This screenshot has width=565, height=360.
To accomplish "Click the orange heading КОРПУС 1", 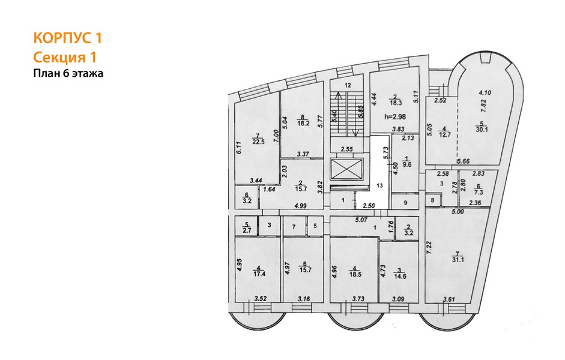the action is (x=68, y=38).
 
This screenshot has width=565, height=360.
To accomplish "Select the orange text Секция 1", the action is (x=65, y=58).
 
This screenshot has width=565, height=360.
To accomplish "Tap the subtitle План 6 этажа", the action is (x=68, y=73).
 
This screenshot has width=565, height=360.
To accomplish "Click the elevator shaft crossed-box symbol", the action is (x=346, y=169).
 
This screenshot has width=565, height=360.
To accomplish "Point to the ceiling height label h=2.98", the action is (x=395, y=116).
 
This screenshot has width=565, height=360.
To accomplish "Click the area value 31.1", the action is (x=458, y=259).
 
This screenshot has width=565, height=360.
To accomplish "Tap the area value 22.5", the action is (x=258, y=142).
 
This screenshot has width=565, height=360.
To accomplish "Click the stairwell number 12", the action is (x=348, y=85).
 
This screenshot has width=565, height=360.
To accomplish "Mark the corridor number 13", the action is (x=379, y=185).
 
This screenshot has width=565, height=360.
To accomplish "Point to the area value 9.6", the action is (x=407, y=164).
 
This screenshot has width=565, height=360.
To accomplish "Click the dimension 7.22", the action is (x=429, y=248).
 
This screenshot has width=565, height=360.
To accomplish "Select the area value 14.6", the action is (x=400, y=277).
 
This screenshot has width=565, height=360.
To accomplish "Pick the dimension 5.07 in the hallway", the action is (x=361, y=220).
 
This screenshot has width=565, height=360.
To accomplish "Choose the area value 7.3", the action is (x=479, y=193).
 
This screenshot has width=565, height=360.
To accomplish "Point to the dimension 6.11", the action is (x=238, y=147).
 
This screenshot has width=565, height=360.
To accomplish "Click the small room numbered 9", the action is (x=405, y=203).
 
